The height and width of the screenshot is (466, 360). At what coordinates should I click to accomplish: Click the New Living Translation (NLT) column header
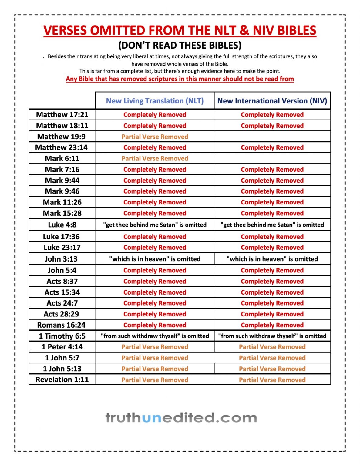tap(155, 101)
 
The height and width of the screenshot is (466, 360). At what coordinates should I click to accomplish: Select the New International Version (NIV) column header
tap(272, 101)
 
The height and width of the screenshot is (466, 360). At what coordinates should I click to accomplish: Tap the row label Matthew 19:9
tap(62, 137)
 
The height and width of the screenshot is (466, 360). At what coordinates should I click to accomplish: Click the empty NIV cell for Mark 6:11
tap(272, 158)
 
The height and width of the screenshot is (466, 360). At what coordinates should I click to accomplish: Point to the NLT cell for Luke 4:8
tap(155, 225)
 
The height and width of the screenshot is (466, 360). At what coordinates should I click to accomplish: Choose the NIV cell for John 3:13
tap(272, 259)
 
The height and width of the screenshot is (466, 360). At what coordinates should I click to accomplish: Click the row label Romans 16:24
tap(62, 325)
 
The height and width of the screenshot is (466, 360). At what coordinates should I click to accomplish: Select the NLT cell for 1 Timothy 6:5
tap(155, 336)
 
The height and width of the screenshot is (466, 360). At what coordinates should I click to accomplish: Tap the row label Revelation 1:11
tap(62, 380)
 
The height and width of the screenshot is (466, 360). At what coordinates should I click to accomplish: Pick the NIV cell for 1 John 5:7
tap(272, 358)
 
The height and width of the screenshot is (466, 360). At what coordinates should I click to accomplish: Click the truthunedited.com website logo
tap(181, 418)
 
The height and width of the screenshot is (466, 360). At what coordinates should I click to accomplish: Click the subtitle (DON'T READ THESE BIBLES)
tap(180, 45)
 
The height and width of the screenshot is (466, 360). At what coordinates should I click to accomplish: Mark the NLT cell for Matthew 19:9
tap(155, 137)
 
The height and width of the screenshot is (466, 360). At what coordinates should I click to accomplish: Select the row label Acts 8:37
tap(62, 281)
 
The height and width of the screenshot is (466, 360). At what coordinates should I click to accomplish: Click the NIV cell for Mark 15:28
tap(272, 213)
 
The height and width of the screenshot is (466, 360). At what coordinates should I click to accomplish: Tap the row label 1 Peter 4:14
tap(62, 347)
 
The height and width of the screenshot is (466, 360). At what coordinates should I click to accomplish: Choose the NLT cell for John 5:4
tap(155, 270)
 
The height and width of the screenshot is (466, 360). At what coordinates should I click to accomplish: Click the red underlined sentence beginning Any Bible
tap(180, 79)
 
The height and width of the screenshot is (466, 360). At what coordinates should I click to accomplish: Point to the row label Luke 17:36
tap(62, 237)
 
